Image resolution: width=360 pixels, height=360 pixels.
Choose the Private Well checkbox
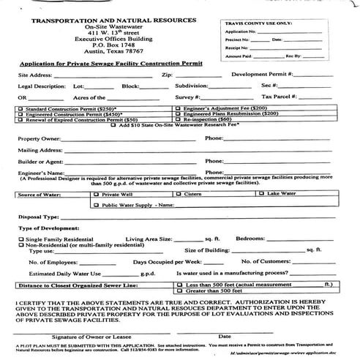[97, 195]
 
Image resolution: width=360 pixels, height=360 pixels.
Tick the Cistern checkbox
[180, 195]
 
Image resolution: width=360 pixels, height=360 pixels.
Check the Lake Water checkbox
[263, 195]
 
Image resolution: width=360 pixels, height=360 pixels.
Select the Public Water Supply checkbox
[97, 206]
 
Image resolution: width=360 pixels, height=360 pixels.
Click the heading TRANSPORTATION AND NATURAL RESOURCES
[113, 20]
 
